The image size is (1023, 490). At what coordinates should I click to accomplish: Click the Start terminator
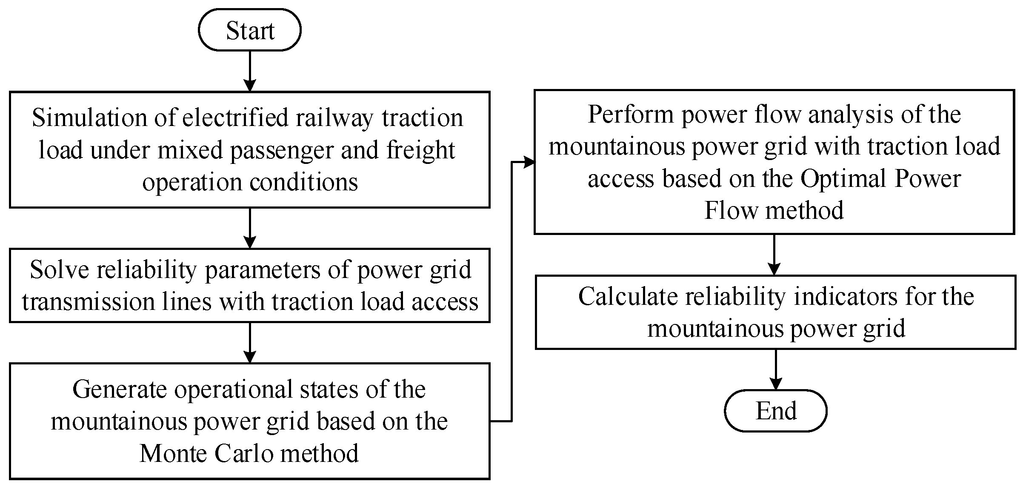pyautogui.click(x=250, y=30)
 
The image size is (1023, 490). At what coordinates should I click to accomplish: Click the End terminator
pyautogui.click(x=775, y=411)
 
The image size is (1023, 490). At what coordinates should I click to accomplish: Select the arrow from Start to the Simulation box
pyautogui.click(x=250, y=70)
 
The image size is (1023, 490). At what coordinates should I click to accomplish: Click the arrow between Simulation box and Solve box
pyautogui.click(x=250, y=228)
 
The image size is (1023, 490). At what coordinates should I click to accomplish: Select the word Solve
pyautogui.click(x=60, y=269)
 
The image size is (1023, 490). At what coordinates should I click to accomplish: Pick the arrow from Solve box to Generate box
pyautogui.click(x=250, y=342)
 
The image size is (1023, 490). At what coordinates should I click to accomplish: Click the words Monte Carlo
pyautogui.click(x=206, y=453)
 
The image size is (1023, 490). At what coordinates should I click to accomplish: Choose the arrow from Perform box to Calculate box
pyautogui.click(x=774, y=254)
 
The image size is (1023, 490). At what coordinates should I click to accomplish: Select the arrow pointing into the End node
pyautogui.click(x=776, y=369)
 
